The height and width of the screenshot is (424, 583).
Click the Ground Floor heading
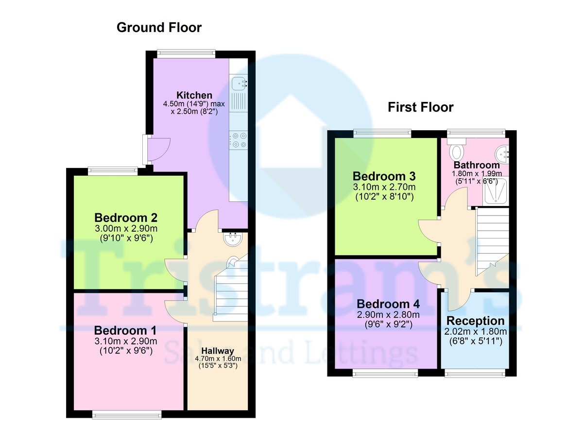(159, 28)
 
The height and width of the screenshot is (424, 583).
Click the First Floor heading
(420, 107)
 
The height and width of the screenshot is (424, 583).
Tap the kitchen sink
(239, 84)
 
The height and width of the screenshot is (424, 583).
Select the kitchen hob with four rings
(239, 140)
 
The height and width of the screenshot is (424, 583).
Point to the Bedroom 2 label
(126, 217)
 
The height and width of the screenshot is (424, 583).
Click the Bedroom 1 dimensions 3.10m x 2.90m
(126, 341)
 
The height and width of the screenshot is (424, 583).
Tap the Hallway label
(218, 350)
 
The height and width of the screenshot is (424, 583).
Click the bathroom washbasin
(502, 155)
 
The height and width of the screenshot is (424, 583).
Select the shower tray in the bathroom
(495, 191)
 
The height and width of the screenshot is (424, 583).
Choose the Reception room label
(475, 321)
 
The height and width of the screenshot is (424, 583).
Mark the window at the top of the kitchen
(186, 53)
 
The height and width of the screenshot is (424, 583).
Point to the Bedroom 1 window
(126, 414)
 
